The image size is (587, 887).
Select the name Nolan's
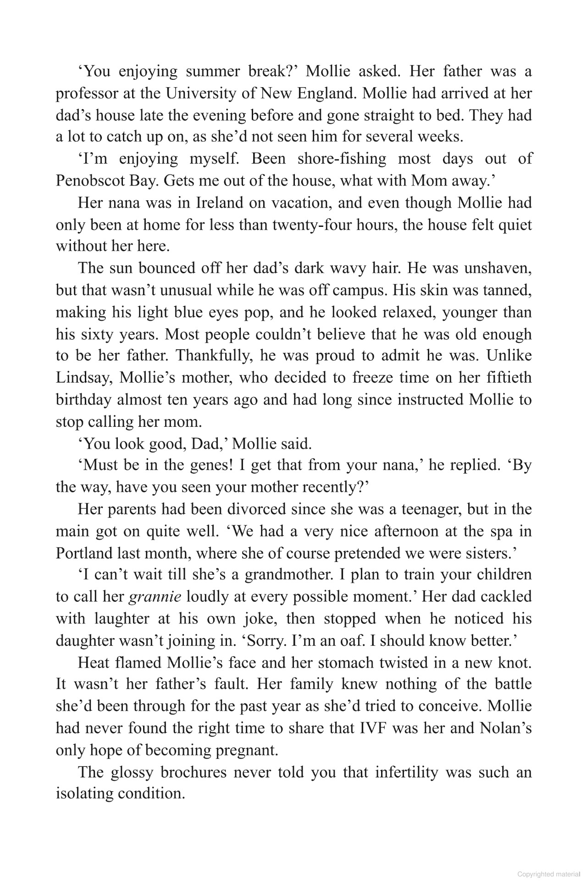click(x=506, y=728)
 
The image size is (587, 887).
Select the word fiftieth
click(x=506, y=378)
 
